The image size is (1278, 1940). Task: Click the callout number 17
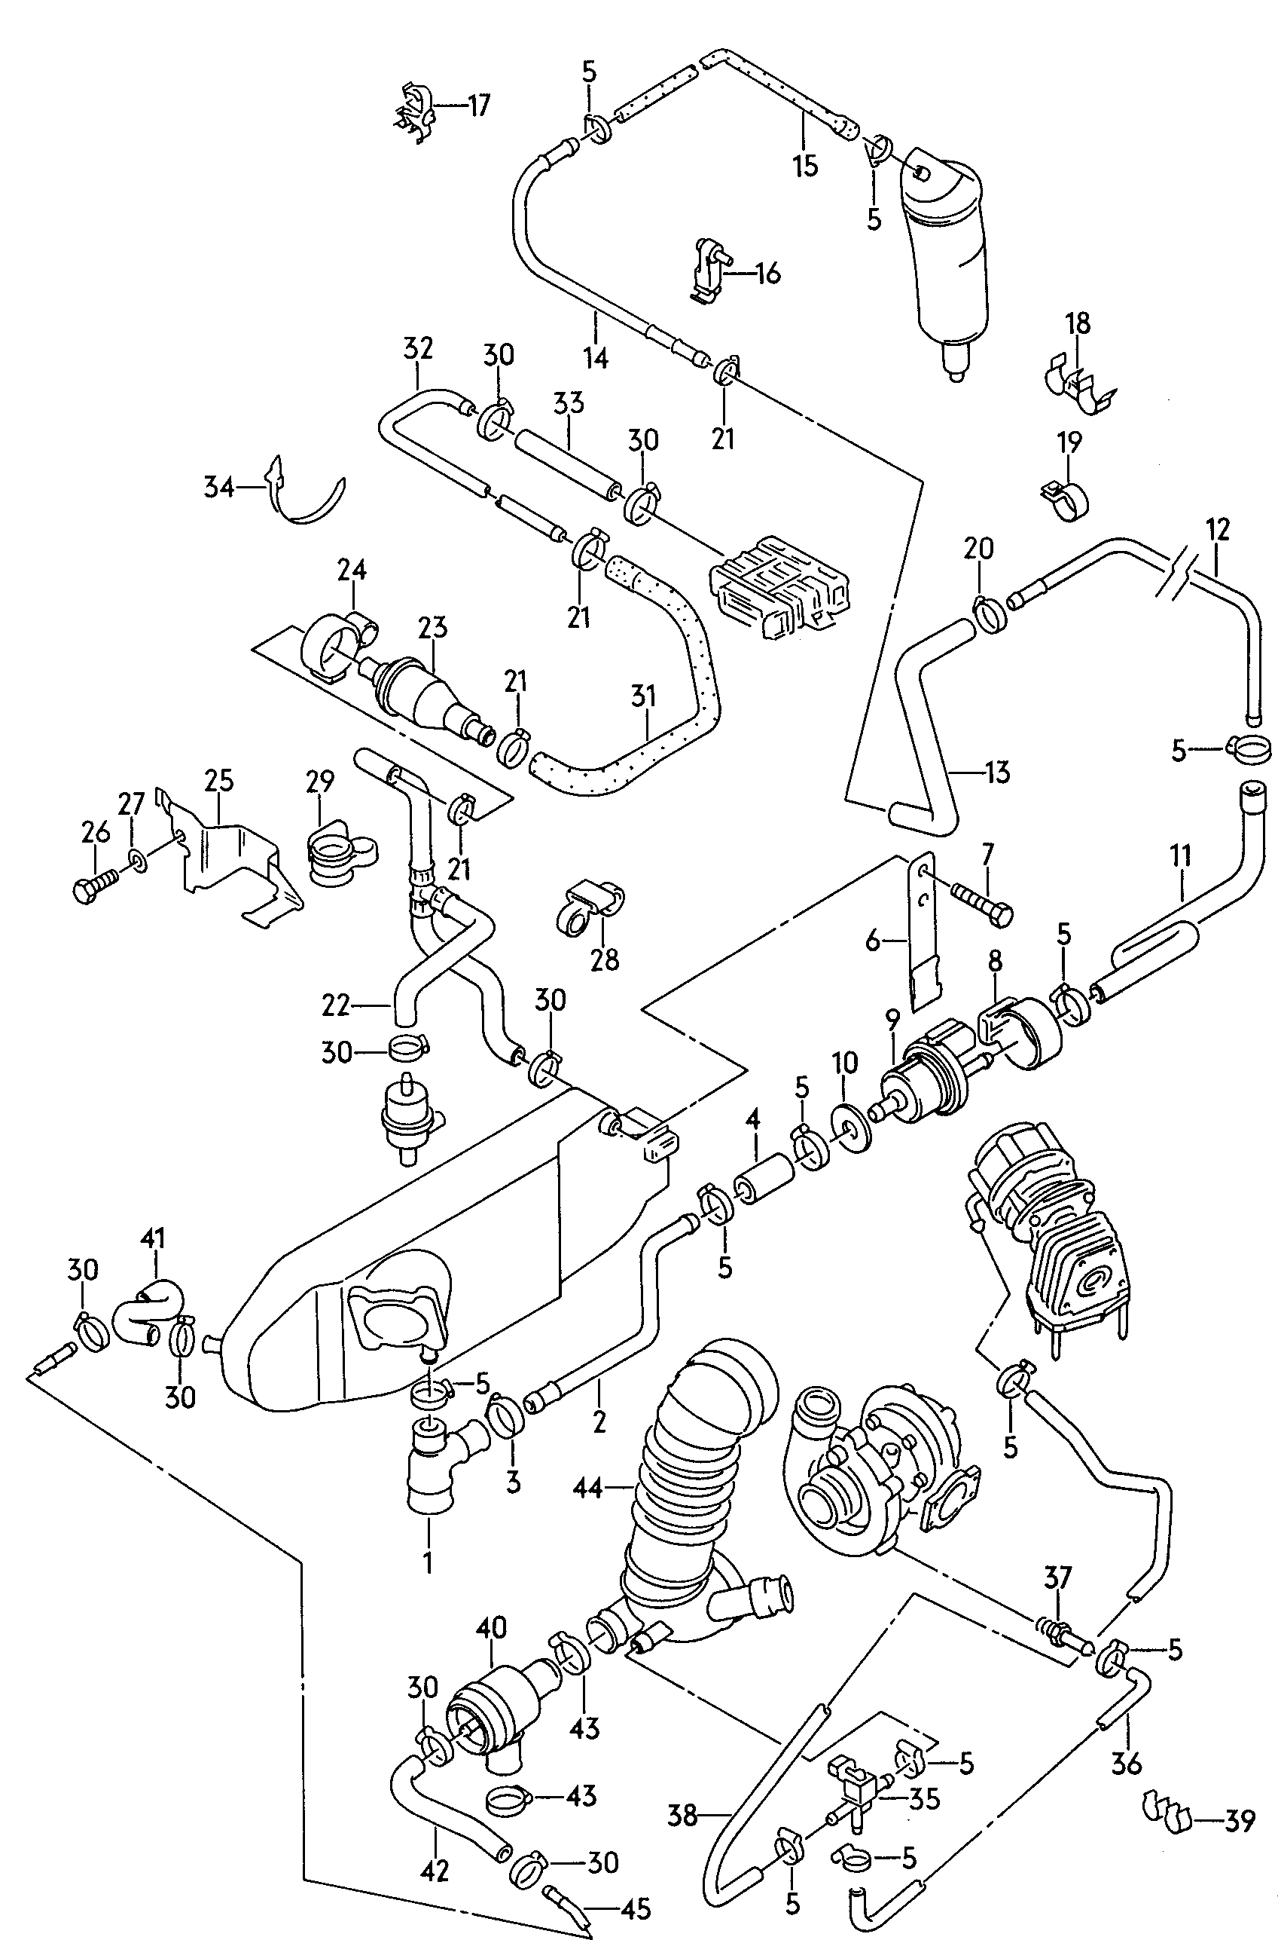(478, 106)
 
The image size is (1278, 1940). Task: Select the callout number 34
(219, 488)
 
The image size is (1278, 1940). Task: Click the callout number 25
(219, 780)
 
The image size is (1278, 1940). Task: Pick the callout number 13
(997, 772)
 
